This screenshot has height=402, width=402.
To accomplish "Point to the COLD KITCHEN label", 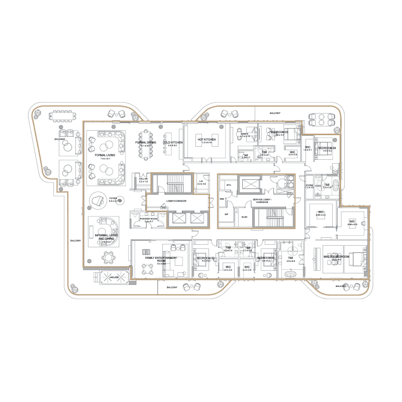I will pos(172,143).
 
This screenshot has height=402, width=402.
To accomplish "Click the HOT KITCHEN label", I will pos(207,139).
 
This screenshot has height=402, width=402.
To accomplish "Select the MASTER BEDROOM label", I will pos(335,257).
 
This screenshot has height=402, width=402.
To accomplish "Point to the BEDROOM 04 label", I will pos(326,149).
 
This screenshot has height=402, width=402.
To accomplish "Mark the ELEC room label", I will pos(245,217).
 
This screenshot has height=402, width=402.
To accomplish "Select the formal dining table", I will pos(147,144).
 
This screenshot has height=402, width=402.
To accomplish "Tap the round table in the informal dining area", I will pos(109,258).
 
